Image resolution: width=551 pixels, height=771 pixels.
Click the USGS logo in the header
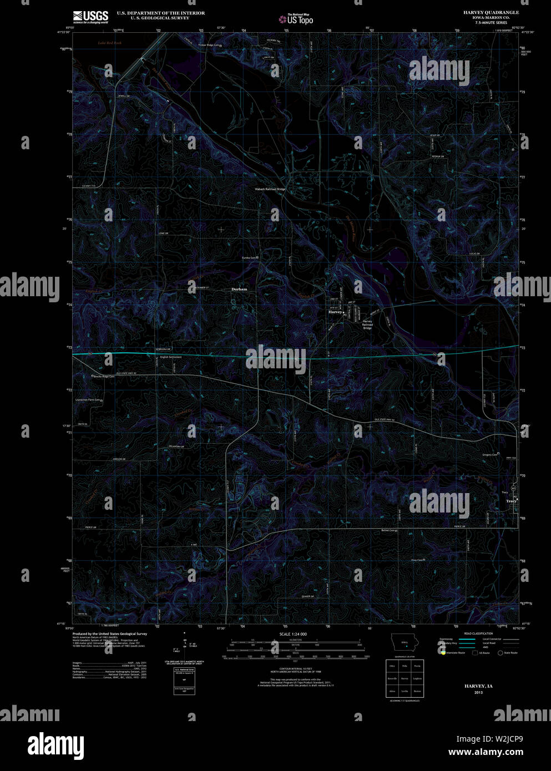(90, 16)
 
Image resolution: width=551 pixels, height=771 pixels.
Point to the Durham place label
(239, 290)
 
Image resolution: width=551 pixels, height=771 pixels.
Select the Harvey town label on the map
(335, 312)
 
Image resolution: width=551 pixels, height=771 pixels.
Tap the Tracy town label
(511, 501)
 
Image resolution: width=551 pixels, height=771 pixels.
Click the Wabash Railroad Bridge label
(270, 190)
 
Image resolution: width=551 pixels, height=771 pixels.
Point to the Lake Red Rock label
(109, 43)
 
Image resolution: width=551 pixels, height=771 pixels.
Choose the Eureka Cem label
(250, 257)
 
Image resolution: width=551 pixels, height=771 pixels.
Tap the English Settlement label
(171, 357)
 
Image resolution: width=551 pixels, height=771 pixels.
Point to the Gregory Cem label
(490, 455)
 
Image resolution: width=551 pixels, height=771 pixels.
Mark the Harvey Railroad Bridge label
(367, 324)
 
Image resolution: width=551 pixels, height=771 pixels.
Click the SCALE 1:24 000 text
(292, 634)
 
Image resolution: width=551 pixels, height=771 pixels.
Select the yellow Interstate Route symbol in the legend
(443, 653)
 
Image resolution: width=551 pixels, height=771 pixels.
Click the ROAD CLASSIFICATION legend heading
(478, 633)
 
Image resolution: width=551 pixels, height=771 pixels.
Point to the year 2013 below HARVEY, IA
(478, 693)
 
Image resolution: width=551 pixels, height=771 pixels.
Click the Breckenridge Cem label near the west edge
(104, 377)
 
